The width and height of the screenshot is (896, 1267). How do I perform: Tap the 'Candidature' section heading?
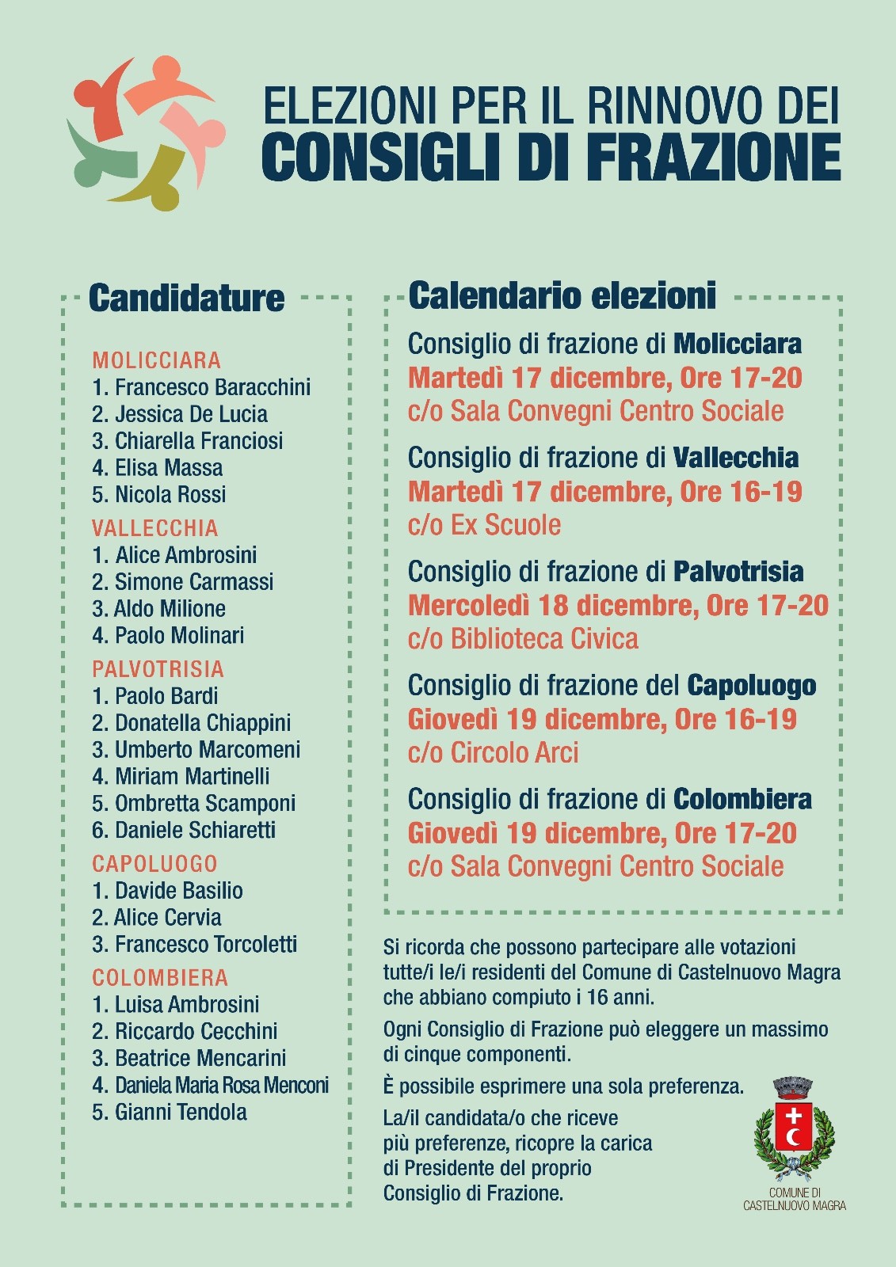coord(186,298)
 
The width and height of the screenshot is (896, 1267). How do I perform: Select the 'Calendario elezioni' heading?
coord(562,295)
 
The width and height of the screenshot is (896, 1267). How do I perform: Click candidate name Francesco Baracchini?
coord(201,387)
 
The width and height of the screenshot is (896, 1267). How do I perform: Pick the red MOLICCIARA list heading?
coord(156,360)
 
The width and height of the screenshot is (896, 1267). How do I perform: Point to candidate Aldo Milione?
coord(159,609)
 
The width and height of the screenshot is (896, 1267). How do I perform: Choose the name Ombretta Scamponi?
coord(194,804)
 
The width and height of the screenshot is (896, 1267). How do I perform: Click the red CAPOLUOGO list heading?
coord(154,864)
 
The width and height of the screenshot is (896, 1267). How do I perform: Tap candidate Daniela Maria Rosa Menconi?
coord(210,1086)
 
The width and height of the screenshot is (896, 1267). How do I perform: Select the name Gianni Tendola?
coord(170,1113)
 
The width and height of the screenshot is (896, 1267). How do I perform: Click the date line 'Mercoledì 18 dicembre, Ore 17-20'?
coord(617,606)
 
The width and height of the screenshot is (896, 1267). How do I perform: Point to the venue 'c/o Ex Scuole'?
coord(484,525)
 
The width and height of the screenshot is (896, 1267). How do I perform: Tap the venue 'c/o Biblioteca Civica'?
coord(523,639)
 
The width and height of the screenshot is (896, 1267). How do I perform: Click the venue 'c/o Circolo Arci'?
coord(493,753)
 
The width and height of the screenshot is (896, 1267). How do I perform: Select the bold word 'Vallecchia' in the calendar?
coord(736,458)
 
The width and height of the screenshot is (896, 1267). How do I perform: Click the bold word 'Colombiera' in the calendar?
coord(742,800)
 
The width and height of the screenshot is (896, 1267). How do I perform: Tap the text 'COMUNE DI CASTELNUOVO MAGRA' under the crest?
coord(794,1199)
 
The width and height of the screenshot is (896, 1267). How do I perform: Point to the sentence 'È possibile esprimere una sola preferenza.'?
coord(563,1086)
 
